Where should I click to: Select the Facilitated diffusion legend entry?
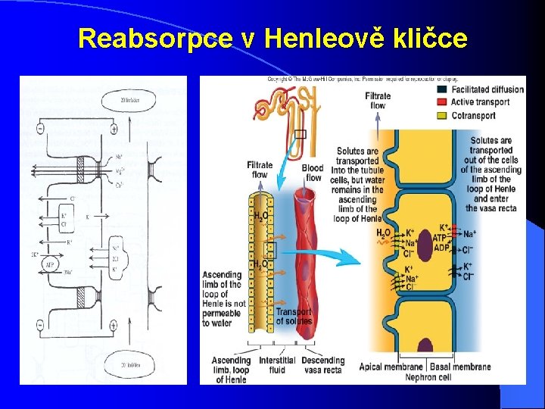pos(487,89)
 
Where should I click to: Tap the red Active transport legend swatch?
pos(441,102)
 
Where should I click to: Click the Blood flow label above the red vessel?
pos(313,173)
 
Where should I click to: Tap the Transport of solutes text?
pos(294,317)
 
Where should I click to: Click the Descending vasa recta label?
pos(322,364)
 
